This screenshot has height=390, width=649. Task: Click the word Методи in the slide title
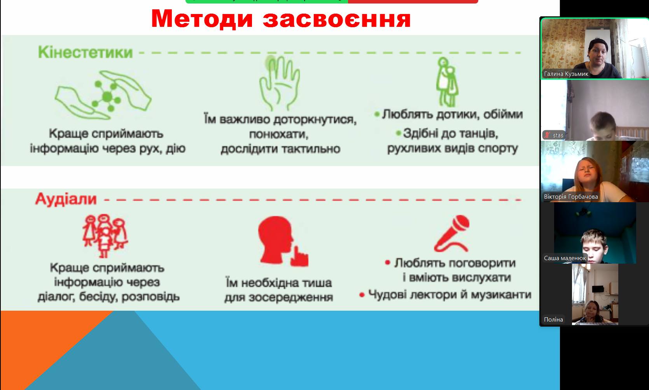[202, 19]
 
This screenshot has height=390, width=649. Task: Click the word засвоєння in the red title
[337, 19]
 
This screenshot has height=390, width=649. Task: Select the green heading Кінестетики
[86, 52]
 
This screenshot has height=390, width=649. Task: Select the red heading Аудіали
[66, 199]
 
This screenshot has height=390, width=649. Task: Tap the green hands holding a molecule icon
[103, 95]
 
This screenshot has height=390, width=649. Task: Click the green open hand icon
[279, 83]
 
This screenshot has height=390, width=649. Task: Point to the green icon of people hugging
[447, 82]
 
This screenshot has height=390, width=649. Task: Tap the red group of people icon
[105, 236]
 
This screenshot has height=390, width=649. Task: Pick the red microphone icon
[451, 233]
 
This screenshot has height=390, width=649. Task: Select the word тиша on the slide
[317, 283]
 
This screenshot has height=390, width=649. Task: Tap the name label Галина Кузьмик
[566, 74]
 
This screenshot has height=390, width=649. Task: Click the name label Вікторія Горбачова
[571, 197]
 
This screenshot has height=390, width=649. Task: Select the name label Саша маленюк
[565, 258]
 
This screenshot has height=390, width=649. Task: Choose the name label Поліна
[553, 320]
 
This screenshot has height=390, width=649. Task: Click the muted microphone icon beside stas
[547, 135]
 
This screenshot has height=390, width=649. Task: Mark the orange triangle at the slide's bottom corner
[40, 342]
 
